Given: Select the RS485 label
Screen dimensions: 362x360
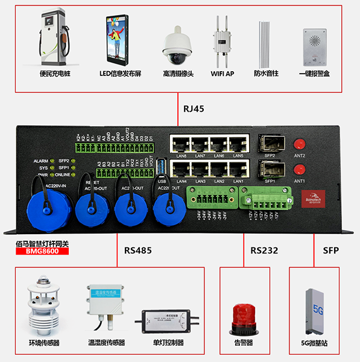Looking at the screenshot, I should [139, 250].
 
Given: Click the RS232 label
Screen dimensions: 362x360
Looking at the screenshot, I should [265, 250].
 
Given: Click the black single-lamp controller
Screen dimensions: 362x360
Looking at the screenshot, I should [166, 319].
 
